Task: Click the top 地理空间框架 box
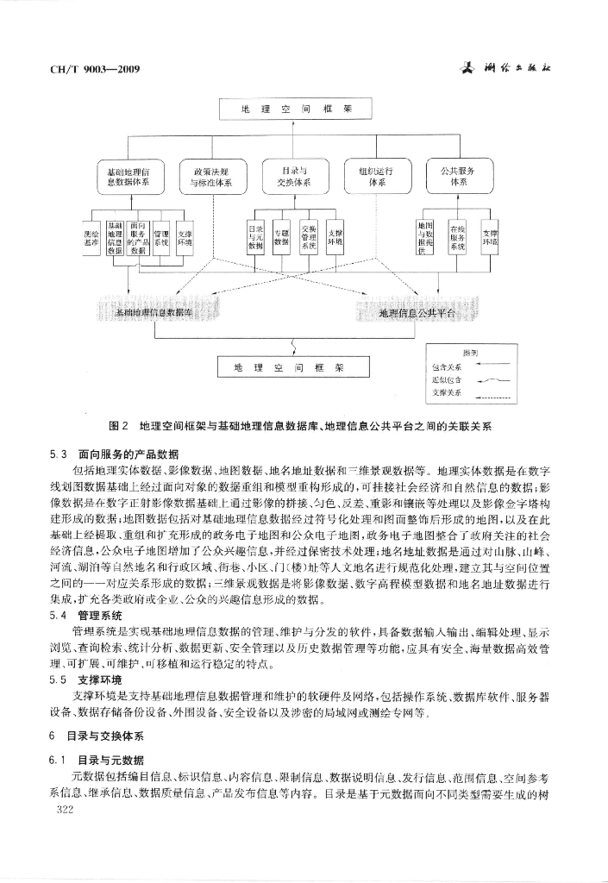(x=296, y=110)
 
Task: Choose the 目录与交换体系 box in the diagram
(x=294, y=177)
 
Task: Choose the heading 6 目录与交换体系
(x=97, y=737)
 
